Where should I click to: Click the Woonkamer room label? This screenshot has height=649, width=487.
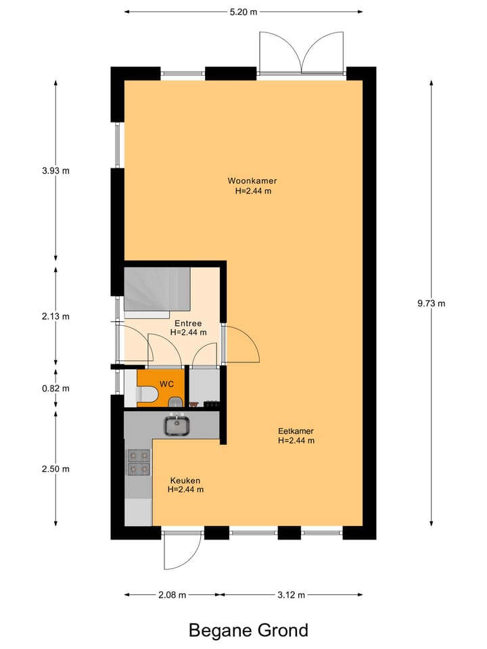point(252,181)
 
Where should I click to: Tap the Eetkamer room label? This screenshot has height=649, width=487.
point(296,431)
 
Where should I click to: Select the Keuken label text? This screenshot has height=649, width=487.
point(185,480)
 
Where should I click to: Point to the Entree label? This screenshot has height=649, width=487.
point(188,323)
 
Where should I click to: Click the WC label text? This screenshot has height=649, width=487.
point(167,384)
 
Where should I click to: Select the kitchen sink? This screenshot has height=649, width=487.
point(177,425)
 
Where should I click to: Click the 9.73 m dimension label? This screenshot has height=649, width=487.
point(432,304)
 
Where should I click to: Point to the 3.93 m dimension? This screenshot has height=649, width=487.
point(55,171)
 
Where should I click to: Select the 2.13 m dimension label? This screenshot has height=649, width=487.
point(55,316)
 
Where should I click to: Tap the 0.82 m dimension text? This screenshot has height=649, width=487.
point(55,389)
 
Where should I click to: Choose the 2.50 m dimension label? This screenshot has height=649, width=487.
point(55,469)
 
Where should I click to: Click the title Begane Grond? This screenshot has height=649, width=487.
point(248,630)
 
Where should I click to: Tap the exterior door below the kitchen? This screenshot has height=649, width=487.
point(181,549)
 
